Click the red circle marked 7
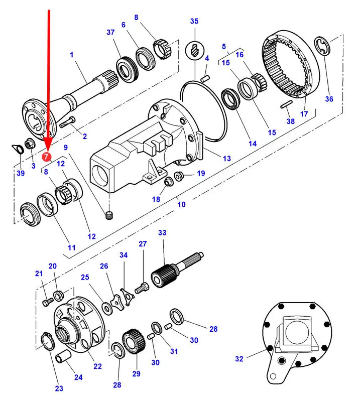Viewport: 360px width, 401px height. [x=46, y=157]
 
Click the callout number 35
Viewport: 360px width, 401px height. [x=194, y=21]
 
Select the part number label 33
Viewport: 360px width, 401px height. [x=162, y=233]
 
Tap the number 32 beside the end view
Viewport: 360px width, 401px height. [x=239, y=359]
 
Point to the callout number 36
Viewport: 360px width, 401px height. [x=329, y=99]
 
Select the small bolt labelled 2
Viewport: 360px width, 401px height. [x=68, y=122]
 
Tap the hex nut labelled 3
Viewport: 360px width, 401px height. [x=28, y=143]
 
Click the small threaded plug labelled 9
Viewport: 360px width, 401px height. [x=109, y=215]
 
